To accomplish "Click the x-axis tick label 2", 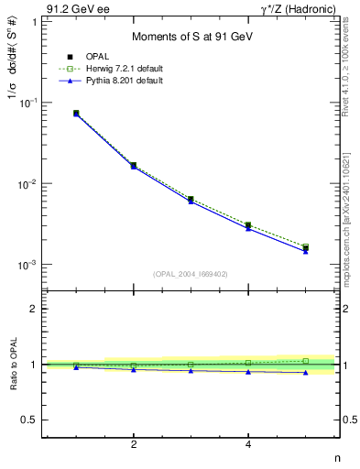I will [134, 444].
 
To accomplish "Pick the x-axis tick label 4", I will [248, 444].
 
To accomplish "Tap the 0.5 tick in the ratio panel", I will [30, 420].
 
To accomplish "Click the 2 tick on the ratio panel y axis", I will [35, 309].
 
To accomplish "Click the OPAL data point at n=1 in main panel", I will [76, 114].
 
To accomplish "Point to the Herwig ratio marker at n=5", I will [305, 361].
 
